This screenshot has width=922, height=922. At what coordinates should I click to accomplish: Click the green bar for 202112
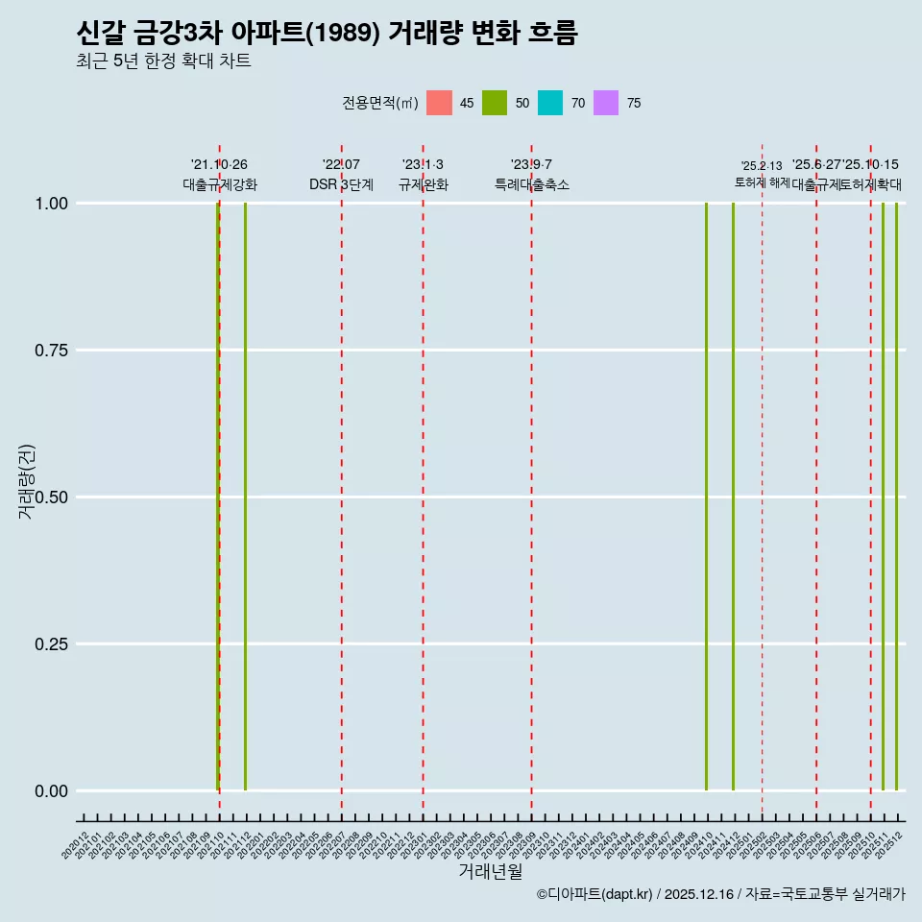coord(245,497)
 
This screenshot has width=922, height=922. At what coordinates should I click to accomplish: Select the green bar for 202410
coord(707,497)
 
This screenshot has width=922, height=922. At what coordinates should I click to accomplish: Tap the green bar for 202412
coord(734,497)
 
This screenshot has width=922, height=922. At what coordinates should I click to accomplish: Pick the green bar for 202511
coord(883,497)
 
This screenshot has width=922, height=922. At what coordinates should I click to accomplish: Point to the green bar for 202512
coord(896,497)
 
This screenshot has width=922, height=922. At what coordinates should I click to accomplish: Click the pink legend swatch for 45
coord(439,103)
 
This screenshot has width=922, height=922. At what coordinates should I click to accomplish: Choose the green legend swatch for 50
coord(495,103)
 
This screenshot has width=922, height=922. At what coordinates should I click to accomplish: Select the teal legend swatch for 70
coord(550,103)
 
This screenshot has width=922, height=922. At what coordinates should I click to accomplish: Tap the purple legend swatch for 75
coord(606,103)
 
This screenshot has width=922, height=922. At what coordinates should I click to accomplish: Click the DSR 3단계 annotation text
coord(341,184)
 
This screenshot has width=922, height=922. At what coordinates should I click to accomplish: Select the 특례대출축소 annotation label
coord(532,184)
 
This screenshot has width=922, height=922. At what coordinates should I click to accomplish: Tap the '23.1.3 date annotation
coord(423,165)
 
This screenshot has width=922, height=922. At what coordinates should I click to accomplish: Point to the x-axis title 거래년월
coord(490,872)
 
